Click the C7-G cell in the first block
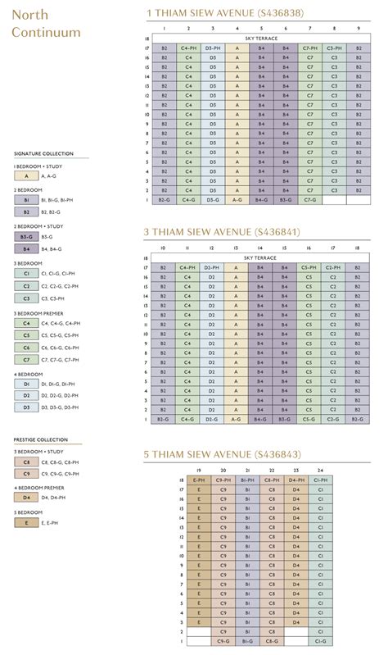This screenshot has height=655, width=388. [310, 199]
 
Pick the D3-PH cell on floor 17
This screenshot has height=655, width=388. [213, 49]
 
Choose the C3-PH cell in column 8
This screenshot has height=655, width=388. [334, 49]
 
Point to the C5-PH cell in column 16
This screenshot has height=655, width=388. [309, 267]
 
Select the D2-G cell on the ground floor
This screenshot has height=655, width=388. [212, 418]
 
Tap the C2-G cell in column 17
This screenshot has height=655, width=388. [333, 418]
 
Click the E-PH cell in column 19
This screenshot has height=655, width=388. [199, 480]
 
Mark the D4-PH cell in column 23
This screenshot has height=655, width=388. [296, 480]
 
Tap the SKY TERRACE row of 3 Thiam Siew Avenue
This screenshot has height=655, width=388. [260, 257]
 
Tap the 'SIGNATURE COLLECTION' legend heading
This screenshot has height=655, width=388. [43, 153]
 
